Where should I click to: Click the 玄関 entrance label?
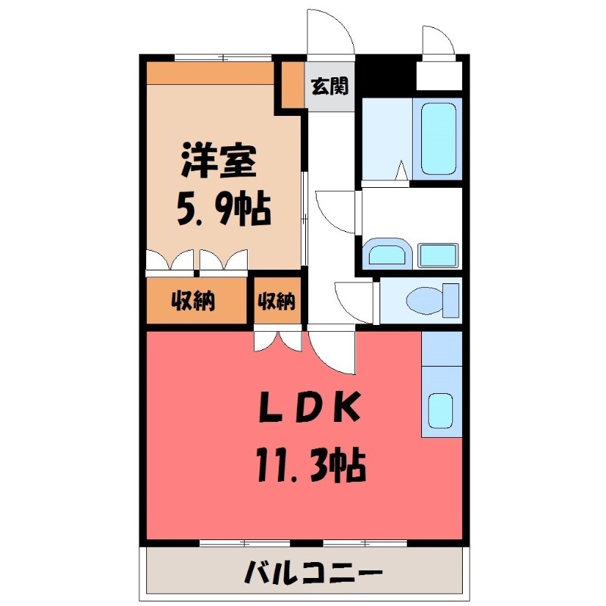pos(330,86)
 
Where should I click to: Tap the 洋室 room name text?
pos(218,161)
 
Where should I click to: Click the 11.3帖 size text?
pos(311,465)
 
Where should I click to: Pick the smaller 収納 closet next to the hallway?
pos(276,301)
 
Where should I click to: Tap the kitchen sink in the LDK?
pos(442,410)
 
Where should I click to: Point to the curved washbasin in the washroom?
pos(388,255)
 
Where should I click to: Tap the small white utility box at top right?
pos(439,75)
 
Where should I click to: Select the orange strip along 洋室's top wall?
pos(210,73)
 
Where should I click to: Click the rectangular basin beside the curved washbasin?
pos(438,255)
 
